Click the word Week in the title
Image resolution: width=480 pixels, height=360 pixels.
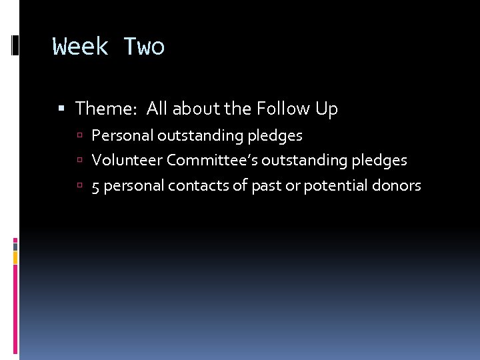tap(80, 47)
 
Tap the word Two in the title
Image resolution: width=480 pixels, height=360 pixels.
tap(144, 47)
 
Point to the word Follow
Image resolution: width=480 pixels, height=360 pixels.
tap(285, 108)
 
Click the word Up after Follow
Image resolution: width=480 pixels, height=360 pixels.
tap(327, 109)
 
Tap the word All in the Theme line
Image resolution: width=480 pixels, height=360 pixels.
tap(157, 108)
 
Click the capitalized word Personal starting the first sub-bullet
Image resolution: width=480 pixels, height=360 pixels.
tap(122, 135)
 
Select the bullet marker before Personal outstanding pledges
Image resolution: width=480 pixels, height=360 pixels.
tap(79, 136)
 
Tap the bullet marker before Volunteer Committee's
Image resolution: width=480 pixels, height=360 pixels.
tap(79, 161)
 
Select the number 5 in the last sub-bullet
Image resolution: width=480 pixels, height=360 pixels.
tap(96, 186)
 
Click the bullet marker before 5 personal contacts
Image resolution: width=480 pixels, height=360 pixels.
tap(79, 186)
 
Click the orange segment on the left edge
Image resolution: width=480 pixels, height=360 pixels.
tap(15, 257)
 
